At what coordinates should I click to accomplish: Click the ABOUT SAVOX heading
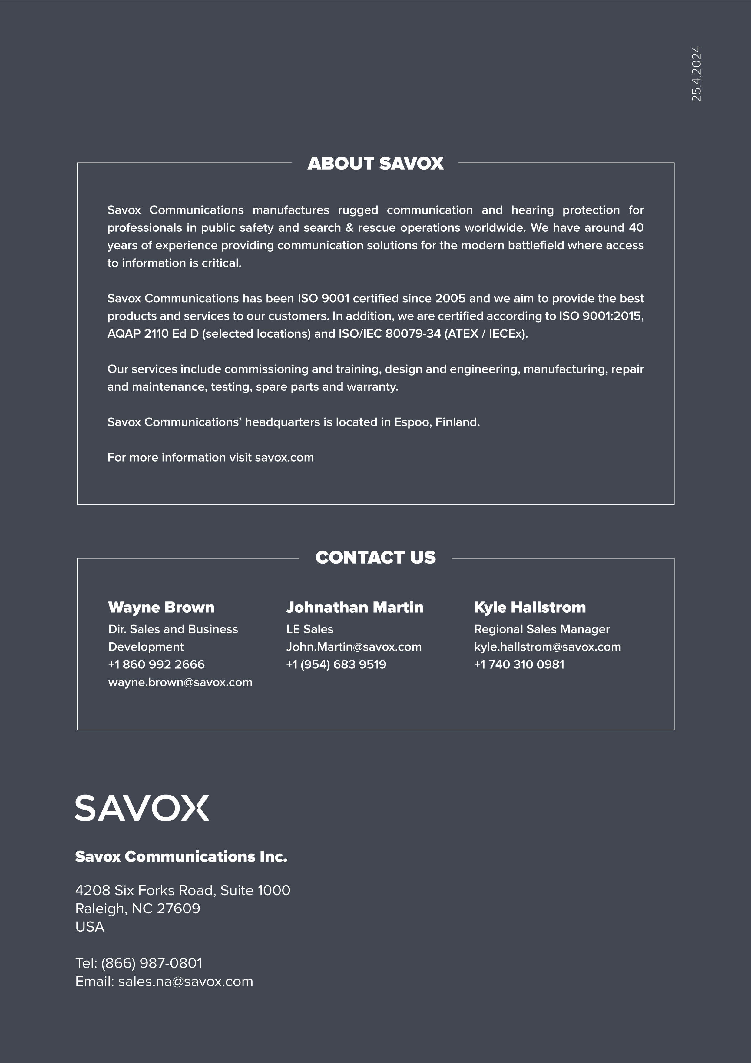[375, 164]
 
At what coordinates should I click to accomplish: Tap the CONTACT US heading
[375, 558]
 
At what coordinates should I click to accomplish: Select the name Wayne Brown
[161, 608]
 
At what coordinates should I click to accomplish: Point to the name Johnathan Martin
[355, 608]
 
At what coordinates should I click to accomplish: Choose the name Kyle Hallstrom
[530, 608]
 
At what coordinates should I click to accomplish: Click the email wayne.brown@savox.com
[180, 682]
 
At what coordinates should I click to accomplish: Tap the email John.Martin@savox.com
[354, 647]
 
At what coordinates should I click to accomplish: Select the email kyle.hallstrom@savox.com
[547, 647]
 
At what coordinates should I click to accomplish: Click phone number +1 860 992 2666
[157, 664]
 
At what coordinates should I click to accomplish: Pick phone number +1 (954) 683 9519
[336, 664]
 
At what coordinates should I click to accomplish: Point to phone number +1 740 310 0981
[519, 664]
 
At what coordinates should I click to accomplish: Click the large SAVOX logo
[142, 808]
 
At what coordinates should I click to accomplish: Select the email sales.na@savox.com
[185, 982]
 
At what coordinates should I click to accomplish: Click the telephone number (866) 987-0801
[151, 963]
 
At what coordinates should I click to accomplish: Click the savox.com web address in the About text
[284, 457]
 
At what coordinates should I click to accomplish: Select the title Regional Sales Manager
[542, 629]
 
